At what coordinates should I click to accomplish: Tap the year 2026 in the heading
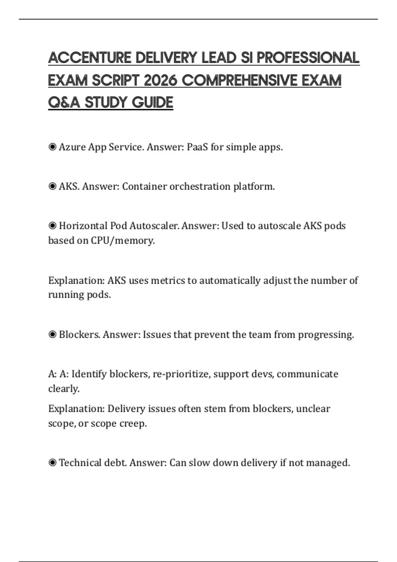160,80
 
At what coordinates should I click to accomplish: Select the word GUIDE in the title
153,102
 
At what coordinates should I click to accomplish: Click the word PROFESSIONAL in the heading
308,58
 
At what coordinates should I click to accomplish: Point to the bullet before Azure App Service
52,147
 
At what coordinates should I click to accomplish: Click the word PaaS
197,147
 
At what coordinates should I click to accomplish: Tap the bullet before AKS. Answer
52,186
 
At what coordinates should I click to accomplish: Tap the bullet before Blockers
52,335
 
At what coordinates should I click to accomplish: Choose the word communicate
307,374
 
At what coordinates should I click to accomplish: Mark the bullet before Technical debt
52,462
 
